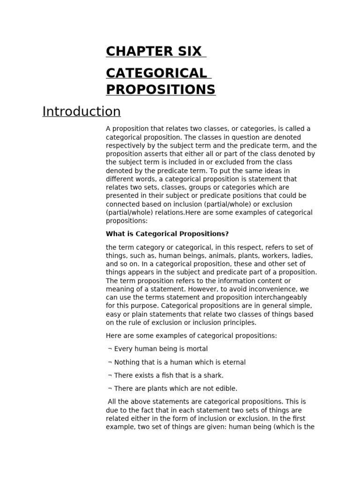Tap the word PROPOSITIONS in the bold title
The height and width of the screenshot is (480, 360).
tap(161, 89)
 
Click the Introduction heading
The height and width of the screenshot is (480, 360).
tap(82, 112)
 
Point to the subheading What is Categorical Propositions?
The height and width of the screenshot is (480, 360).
tap(167, 234)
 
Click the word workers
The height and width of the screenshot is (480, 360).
tap(268, 255)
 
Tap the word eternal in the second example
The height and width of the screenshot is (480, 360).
tap(233, 362)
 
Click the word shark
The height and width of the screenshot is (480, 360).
tap(213, 375)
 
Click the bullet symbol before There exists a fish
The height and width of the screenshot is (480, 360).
tap(110, 375)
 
